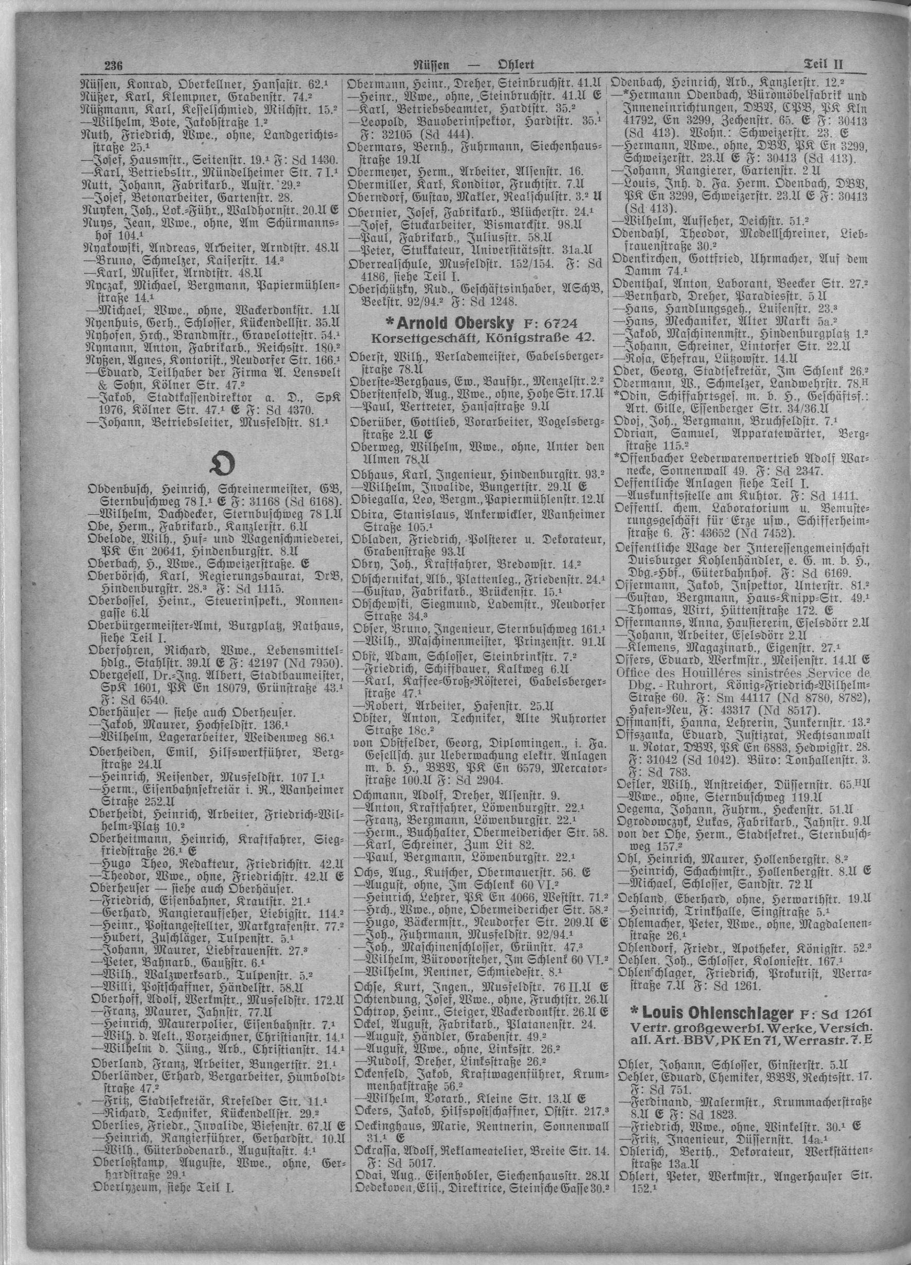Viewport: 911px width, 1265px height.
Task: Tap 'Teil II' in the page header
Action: tap(824, 64)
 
